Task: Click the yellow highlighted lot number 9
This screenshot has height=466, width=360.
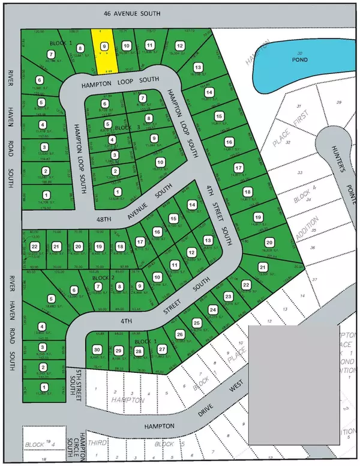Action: point(104,46)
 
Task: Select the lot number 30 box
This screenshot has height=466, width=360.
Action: point(97,350)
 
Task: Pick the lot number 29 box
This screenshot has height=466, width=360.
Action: point(118,351)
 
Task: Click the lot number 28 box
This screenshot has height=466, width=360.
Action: point(139,352)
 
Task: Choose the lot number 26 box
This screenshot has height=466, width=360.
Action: point(179,334)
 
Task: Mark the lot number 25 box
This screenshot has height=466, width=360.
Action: point(196,323)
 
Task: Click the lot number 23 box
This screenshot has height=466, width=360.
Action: point(228,297)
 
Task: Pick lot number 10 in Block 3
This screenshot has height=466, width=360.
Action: point(160,162)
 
